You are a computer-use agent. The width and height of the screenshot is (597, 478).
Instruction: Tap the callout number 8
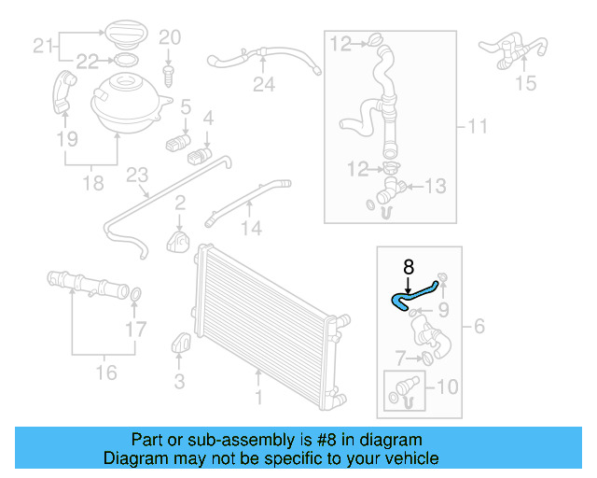pyautogui.click(x=409, y=267)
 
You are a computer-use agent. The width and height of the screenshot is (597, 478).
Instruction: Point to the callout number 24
pyautogui.click(x=264, y=86)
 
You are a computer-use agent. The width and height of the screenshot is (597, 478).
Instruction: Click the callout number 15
pyautogui.click(x=526, y=83)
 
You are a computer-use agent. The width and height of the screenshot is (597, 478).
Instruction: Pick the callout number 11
pyautogui.click(x=478, y=125)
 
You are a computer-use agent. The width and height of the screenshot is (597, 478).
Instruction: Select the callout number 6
pyautogui.click(x=479, y=326)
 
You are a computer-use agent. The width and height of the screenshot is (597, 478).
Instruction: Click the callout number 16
pyautogui.click(x=106, y=373)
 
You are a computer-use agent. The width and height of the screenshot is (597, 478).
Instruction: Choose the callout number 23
pyautogui.click(x=137, y=176)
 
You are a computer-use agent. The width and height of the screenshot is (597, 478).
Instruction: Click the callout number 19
pyautogui.click(x=65, y=140)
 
